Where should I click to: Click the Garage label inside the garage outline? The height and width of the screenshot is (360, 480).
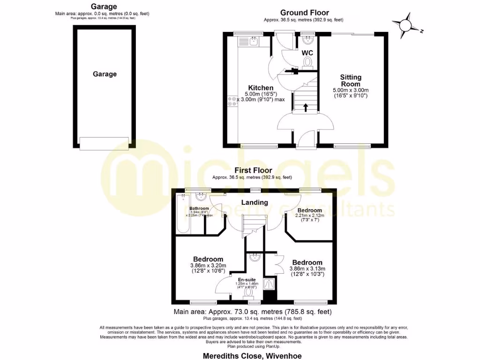pos(104,74)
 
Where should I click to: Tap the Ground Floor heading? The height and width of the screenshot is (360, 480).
pos(304,13)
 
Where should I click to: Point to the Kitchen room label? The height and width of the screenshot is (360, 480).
pos(261,88)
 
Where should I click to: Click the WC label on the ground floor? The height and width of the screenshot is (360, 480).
pos(307,52)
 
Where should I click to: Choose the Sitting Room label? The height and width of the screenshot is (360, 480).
pos(351,80)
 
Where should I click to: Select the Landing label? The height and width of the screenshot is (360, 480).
pos(255,202)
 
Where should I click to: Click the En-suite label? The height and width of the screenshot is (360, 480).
pos(247,279)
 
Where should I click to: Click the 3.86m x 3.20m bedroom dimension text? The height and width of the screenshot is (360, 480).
pos(208,268)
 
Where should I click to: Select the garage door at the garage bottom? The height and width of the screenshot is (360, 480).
pos(104,143)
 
